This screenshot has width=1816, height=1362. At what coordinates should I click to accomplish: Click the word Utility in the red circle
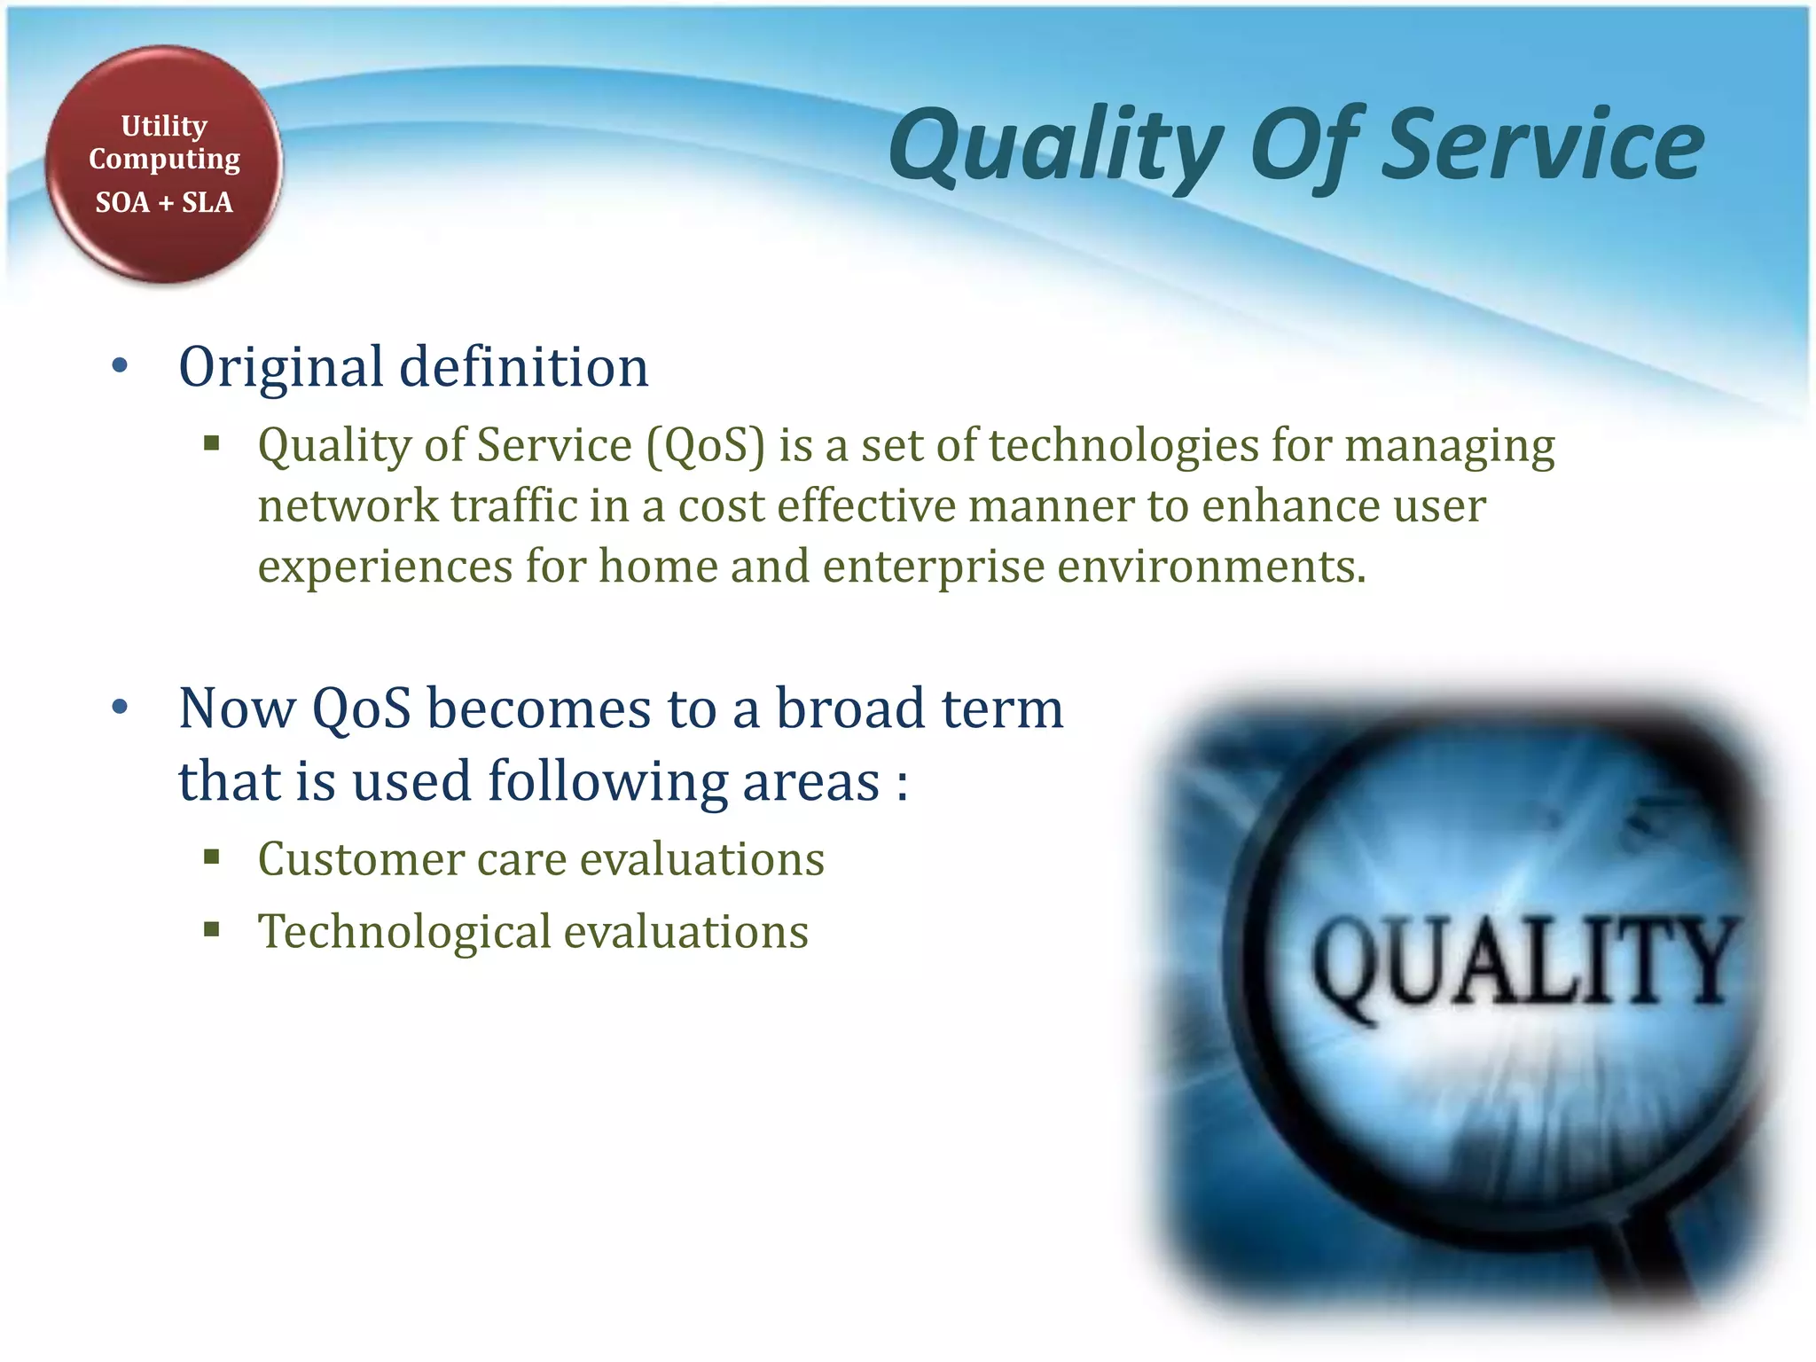(x=164, y=127)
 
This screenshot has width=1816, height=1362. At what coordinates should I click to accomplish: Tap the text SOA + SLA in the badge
(x=164, y=202)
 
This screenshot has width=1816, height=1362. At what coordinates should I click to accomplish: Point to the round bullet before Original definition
(x=121, y=366)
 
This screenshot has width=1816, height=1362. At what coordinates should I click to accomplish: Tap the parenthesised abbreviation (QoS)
(x=705, y=445)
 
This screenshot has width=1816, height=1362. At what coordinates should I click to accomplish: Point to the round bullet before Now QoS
(x=121, y=708)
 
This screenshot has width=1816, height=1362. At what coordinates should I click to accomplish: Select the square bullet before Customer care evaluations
(x=211, y=857)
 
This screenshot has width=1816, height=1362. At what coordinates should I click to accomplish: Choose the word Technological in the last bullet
(x=404, y=931)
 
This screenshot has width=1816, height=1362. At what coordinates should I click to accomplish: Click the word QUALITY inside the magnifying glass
(x=1521, y=962)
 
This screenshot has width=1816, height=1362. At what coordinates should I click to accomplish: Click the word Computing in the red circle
(x=164, y=160)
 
